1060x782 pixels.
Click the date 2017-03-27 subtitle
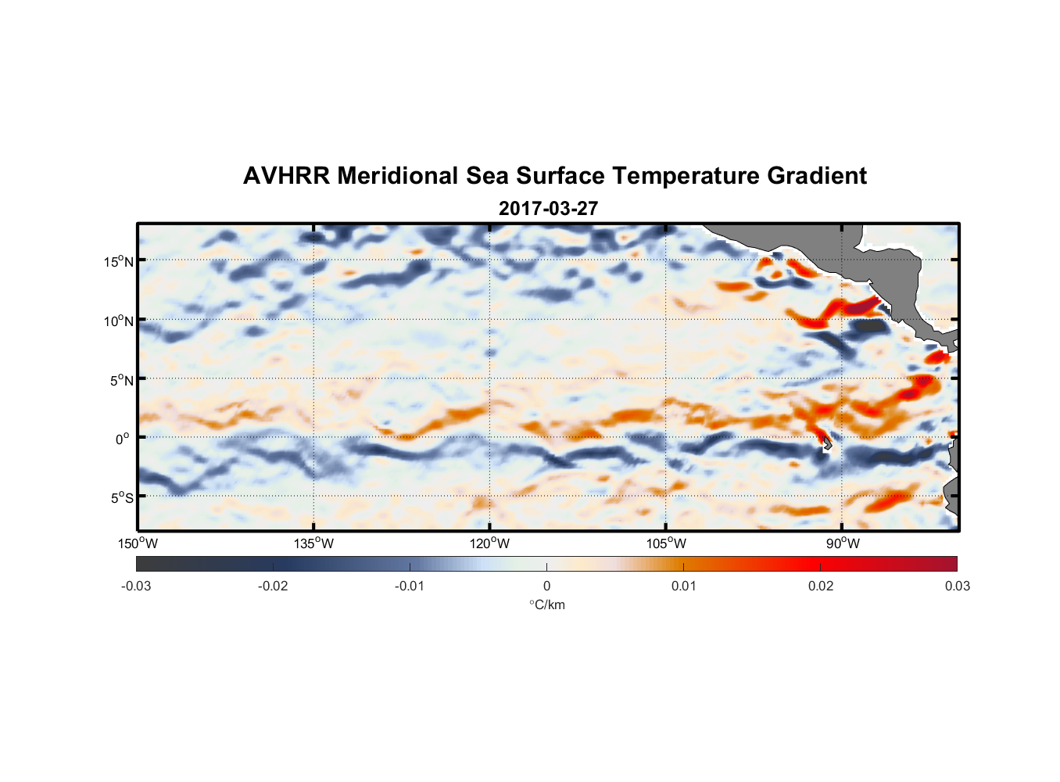(548, 209)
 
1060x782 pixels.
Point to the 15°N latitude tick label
(118, 261)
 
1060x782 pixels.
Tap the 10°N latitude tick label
(118, 321)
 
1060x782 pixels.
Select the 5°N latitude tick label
(120, 380)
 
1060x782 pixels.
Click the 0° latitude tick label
(123, 439)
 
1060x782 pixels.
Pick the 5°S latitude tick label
(120, 497)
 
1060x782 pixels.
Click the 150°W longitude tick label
(138, 543)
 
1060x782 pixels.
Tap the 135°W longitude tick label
(313, 543)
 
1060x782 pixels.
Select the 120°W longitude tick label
(489, 543)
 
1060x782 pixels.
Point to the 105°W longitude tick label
(666, 543)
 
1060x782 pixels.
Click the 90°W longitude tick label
(843, 543)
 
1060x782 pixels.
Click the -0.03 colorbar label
(136, 586)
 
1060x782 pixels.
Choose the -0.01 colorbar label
(410, 586)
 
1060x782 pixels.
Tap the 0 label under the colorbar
(546, 586)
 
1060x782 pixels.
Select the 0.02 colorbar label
(821, 586)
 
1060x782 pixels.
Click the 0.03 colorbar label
(957, 586)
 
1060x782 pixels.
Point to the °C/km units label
(546, 604)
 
